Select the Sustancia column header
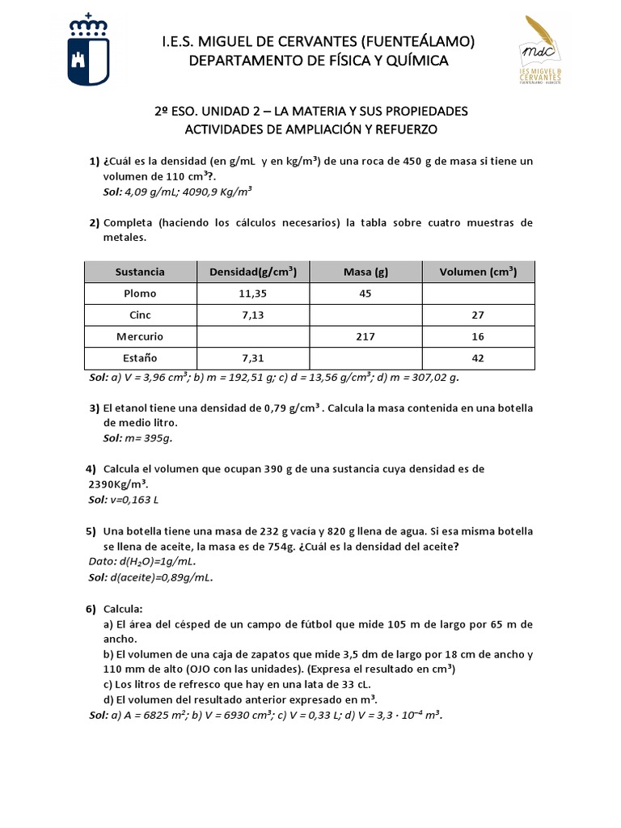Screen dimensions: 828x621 140,272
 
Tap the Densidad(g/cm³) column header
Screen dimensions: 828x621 253,272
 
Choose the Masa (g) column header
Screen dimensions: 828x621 365,272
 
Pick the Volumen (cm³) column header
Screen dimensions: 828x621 478,272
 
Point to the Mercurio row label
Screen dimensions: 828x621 140,336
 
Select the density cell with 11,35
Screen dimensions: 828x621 253,294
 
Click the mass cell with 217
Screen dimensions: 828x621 365,336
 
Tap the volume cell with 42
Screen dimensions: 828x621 478,357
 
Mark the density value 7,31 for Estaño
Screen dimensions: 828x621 253,357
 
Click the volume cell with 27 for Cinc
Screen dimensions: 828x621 478,315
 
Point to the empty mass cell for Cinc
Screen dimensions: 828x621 365,315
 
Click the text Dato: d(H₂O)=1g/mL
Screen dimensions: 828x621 142,561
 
